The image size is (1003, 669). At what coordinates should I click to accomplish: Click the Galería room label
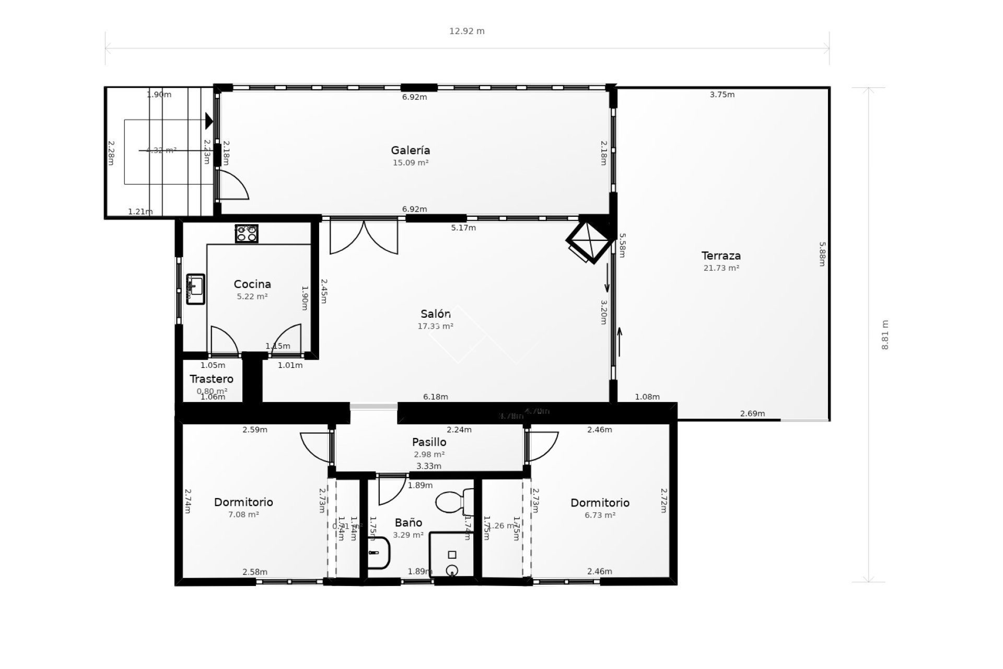[x=411, y=151]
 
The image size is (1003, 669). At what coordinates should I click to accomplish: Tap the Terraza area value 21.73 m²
[x=721, y=268]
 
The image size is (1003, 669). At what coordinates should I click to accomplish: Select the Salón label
[x=435, y=314]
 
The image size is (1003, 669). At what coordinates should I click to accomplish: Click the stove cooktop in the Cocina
[x=247, y=234]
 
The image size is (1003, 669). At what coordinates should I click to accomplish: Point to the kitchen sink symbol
[x=196, y=289]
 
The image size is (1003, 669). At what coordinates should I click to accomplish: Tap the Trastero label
[x=212, y=379]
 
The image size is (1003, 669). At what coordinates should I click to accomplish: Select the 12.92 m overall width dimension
[x=467, y=31]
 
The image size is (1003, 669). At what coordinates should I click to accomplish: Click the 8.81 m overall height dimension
[x=884, y=335]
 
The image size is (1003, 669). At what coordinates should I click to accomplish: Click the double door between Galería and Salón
[x=364, y=237]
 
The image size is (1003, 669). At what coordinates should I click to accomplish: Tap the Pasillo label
[x=429, y=443]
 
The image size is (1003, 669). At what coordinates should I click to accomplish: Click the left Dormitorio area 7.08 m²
[x=243, y=515]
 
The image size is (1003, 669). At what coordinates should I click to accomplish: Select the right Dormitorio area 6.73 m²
[x=600, y=515]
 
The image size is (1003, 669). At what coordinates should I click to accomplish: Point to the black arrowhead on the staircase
[x=209, y=121]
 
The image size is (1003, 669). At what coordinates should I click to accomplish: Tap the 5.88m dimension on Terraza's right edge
[x=822, y=254]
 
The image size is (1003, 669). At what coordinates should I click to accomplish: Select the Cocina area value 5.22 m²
[x=252, y=296]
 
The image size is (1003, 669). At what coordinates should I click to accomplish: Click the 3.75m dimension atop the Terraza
[x=722, y=95]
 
